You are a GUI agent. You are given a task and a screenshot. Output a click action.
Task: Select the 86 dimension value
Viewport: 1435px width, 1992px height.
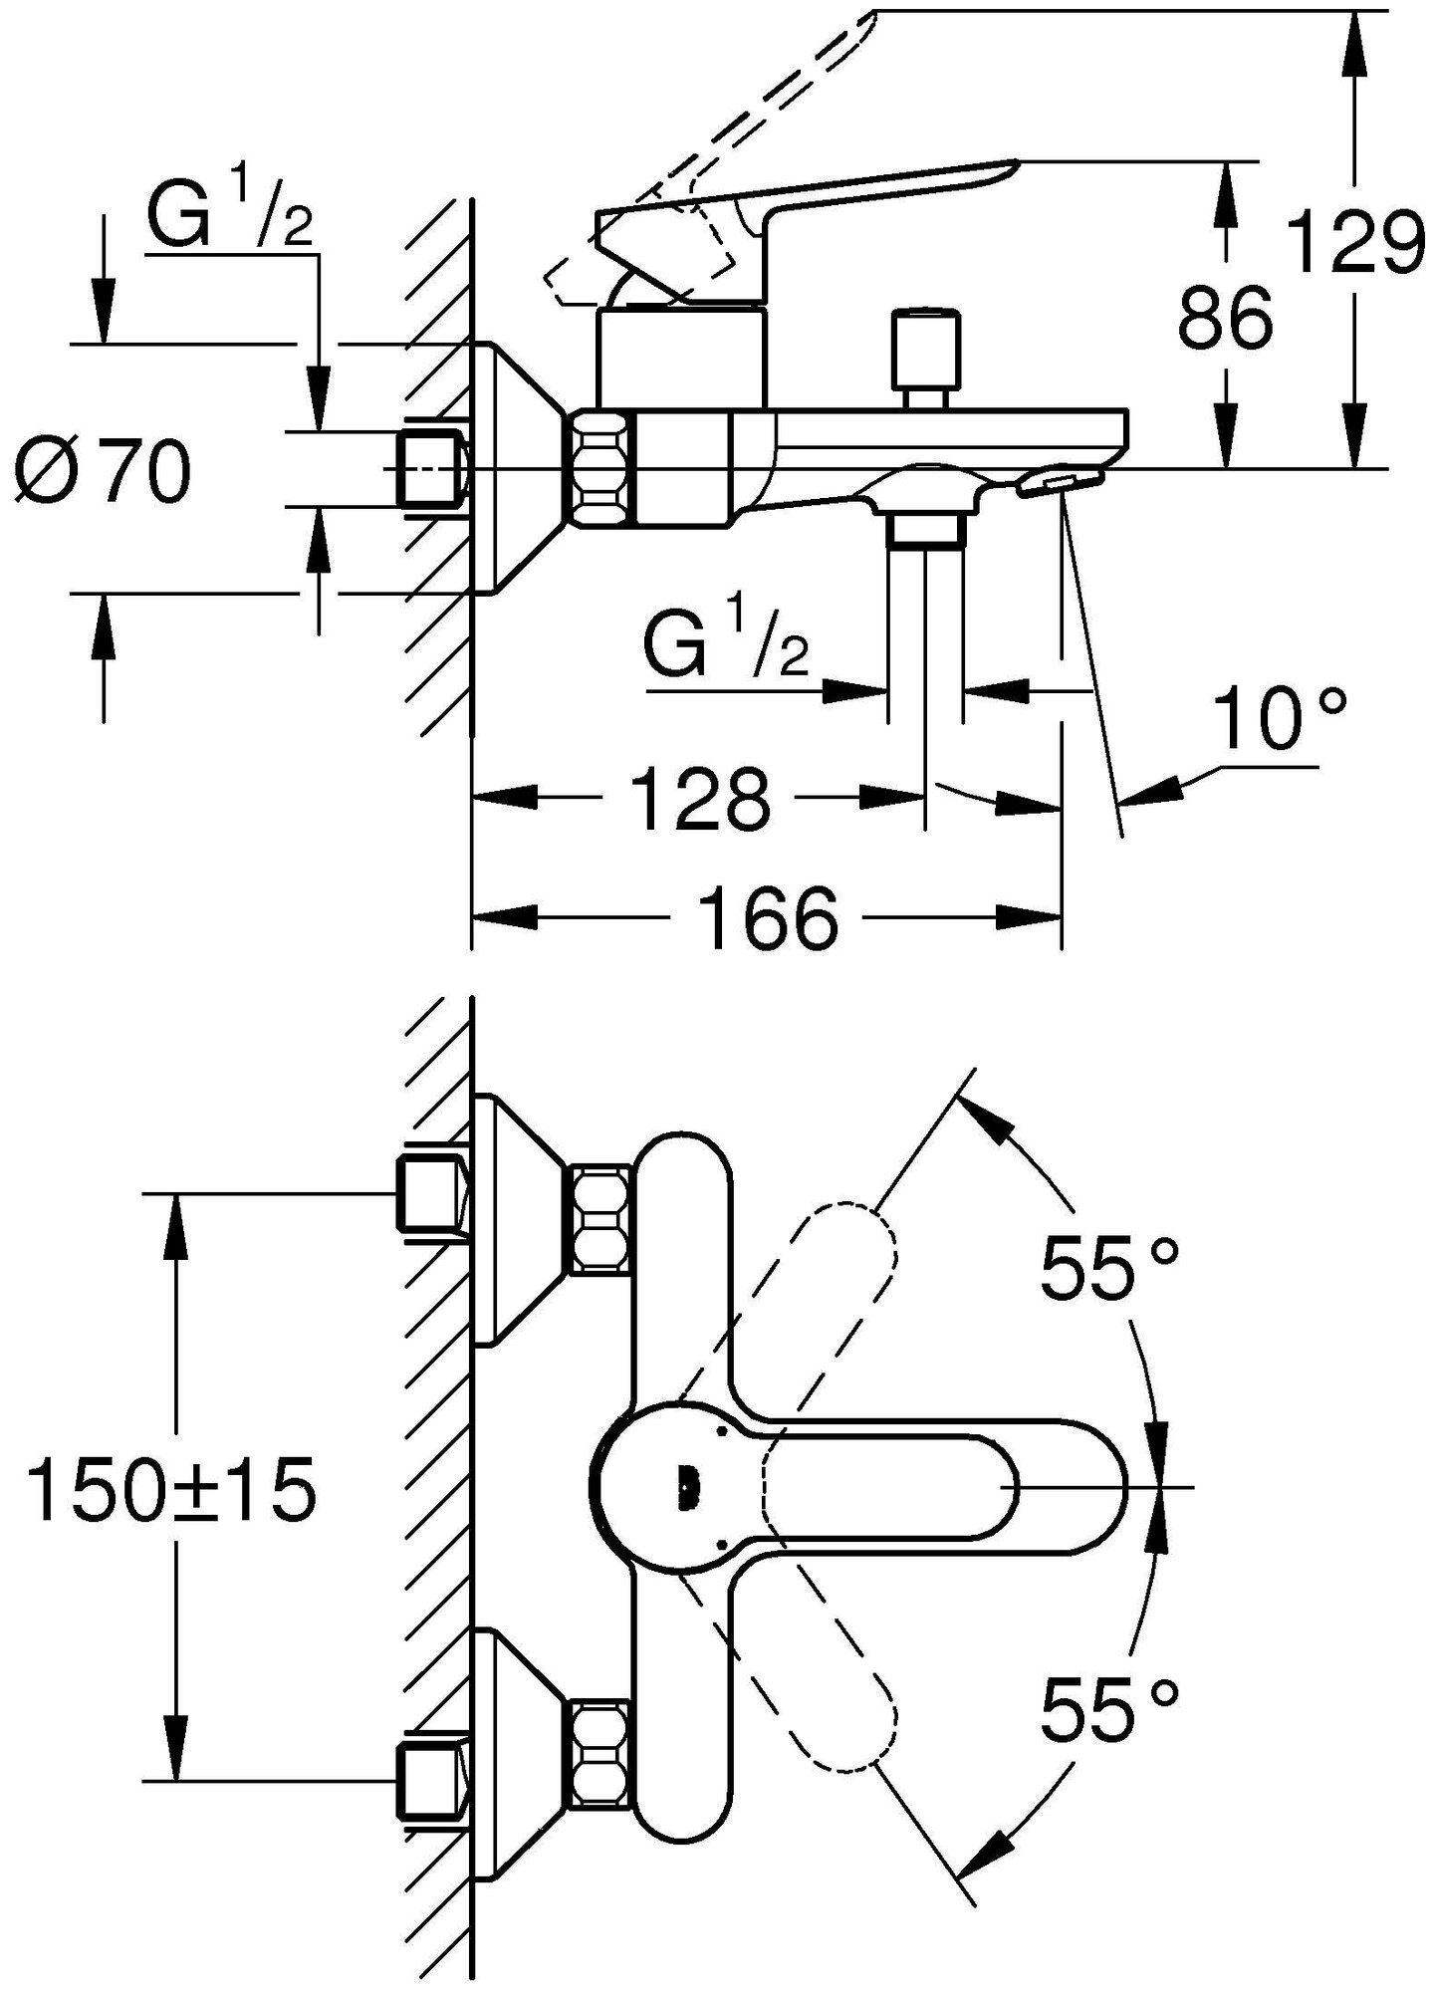tap(1226, 318)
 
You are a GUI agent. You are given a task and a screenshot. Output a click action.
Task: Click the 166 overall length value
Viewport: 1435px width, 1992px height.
tap(768, 917)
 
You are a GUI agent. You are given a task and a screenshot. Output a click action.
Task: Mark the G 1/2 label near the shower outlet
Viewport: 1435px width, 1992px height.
tap(726, 645)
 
